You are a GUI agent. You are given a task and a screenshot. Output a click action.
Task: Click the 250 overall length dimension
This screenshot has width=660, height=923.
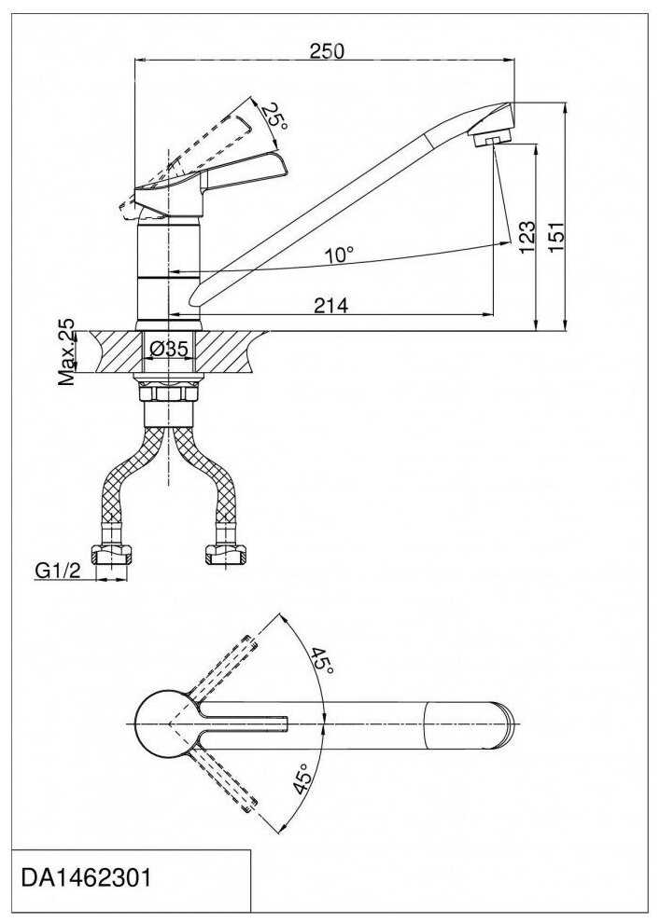tap(327, 51)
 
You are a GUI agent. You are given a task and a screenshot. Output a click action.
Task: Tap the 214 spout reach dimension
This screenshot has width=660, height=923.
tap(331, 305)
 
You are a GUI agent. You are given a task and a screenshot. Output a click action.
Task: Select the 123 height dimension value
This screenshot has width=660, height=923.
tap(527, 237)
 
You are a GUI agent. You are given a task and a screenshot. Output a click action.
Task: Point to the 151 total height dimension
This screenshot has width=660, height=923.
tap(556, 237)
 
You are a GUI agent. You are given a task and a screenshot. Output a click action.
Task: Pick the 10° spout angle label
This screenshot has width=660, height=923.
tap(340, 255)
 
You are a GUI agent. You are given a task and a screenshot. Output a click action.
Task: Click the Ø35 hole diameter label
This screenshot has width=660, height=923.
tap(169, 349)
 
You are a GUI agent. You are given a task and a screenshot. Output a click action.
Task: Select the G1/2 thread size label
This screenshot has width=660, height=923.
tap(57, 571)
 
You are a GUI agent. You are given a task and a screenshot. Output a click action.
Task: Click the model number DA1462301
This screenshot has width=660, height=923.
tap(86, 878)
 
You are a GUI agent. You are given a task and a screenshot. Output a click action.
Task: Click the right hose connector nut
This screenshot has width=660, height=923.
tap(225, 555)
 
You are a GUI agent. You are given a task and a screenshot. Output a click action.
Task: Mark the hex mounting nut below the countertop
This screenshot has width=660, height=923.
tap(169, 393)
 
